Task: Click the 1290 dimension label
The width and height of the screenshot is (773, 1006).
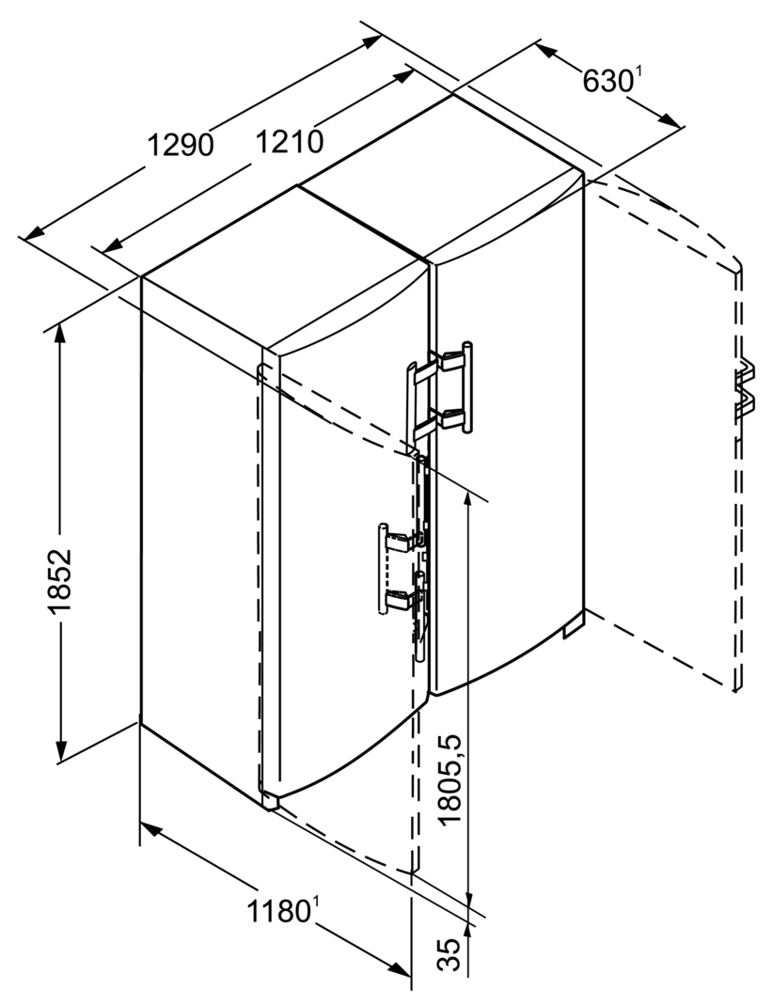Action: (x=181, y=145)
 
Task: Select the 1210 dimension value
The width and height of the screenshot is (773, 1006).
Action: (x=290, y=142)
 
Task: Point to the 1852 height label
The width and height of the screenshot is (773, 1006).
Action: (x=59, y=581)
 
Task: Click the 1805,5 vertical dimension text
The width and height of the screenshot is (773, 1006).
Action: (x=450, y=779)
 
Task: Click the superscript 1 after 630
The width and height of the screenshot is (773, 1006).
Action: (x=637, y=73)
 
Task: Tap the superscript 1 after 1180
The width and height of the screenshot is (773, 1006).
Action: (x=316, y=904)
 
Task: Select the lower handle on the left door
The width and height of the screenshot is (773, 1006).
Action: (x=401, y=569)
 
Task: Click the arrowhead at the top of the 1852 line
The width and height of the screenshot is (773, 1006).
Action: (x=60, y=334)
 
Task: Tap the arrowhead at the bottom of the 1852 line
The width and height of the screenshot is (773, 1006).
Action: (x=61, y=751)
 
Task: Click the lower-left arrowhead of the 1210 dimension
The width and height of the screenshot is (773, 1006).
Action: (x=112, y=245)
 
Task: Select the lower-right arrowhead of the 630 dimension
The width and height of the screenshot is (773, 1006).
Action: (x=670, y=120)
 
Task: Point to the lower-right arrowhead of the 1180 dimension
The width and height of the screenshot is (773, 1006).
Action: (x=401, y=970)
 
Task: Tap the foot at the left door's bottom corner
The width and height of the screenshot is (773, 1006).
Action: (x=270, y=800)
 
